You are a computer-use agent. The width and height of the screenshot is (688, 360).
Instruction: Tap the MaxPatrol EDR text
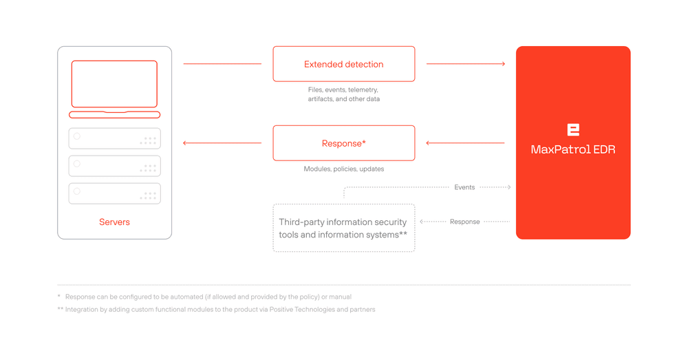(572, 149)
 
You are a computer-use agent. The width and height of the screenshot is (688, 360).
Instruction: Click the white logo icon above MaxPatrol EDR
(573, 129)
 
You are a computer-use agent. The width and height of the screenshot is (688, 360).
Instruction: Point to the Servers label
(114, 222)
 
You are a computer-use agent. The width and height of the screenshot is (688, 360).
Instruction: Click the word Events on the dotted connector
(464, 187)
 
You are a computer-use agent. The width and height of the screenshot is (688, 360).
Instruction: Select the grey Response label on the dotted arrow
(464, 222)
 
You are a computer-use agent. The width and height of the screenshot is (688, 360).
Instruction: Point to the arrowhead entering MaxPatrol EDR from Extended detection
(504, 64)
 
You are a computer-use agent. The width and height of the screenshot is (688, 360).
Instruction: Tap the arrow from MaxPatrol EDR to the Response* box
(466, 143)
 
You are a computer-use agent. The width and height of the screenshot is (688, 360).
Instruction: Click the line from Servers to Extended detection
(222, 64)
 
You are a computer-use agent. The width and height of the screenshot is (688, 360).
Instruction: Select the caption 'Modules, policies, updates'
(343, 169)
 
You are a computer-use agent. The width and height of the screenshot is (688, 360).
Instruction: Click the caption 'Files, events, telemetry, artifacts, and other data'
(343, 94)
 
